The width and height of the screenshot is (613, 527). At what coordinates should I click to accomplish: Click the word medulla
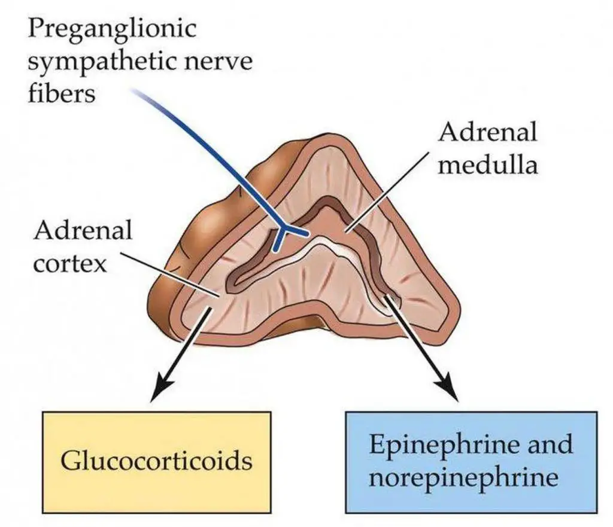point(487,163)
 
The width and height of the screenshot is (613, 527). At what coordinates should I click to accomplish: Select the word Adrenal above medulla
point(487,133)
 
